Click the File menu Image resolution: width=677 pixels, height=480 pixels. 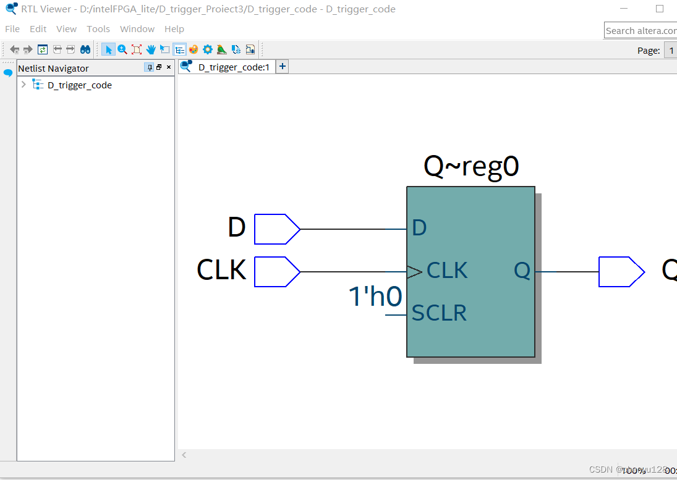(x=12, y=29)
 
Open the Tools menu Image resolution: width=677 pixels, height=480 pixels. (x=98, y=29)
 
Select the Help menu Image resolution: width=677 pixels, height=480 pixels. (x=174, y=29)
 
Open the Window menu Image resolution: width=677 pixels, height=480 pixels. (x=137, y=29)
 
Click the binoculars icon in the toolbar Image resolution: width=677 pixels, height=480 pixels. (x=85, y=49)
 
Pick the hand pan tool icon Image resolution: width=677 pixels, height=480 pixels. (x=151, y=49)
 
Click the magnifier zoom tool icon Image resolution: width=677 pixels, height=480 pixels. (x=122, y=49)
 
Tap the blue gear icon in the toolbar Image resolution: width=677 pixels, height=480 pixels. (x=208, y=49)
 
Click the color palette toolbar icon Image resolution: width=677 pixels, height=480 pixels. (x=194, y=49)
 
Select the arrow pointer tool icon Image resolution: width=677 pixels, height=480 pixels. (x=108, y=49)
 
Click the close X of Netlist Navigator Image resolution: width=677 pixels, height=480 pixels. (x=169, y=67)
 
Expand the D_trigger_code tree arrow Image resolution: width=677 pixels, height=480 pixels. (x=23, y=85)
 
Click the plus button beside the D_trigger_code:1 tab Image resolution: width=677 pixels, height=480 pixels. (x=282, y=67)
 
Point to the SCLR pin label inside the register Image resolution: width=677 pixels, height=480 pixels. (x=439, y=313)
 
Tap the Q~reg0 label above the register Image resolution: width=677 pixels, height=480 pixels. (x=471, y=166)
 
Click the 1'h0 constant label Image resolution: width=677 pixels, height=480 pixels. (x=376, y=297)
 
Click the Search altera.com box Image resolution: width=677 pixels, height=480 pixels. (x=641, y=30)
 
